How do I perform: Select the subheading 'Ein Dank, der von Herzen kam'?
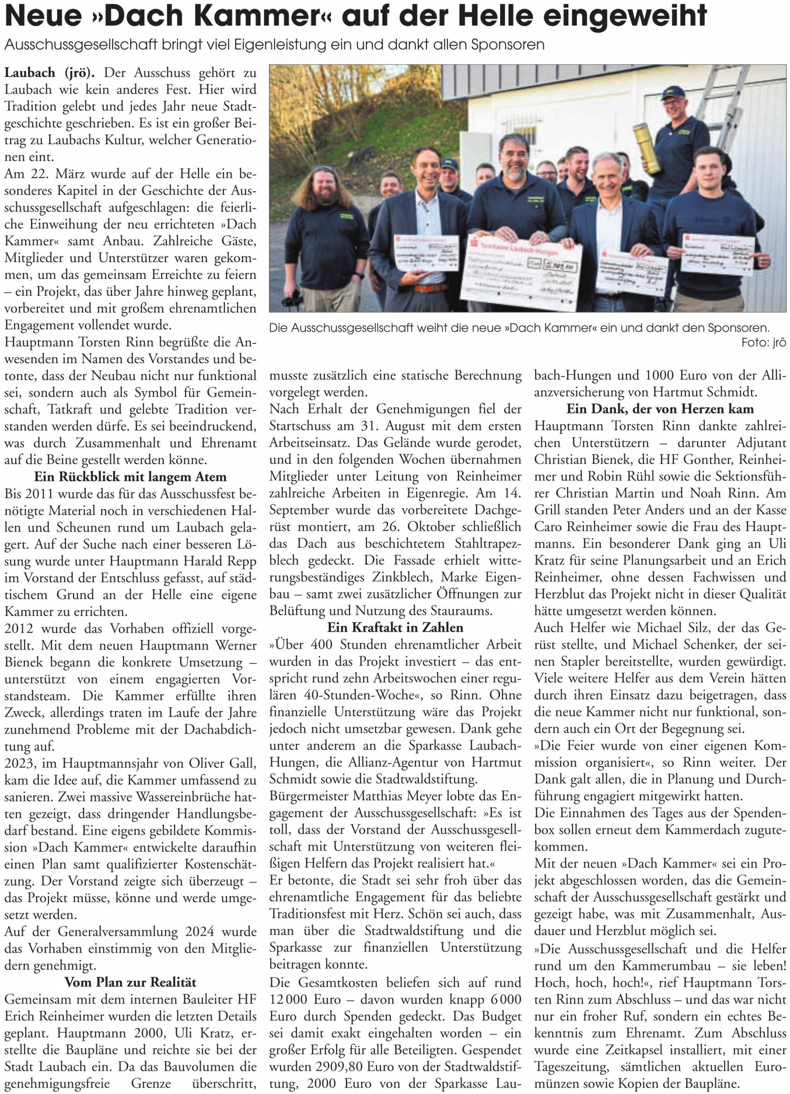point(660,409)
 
